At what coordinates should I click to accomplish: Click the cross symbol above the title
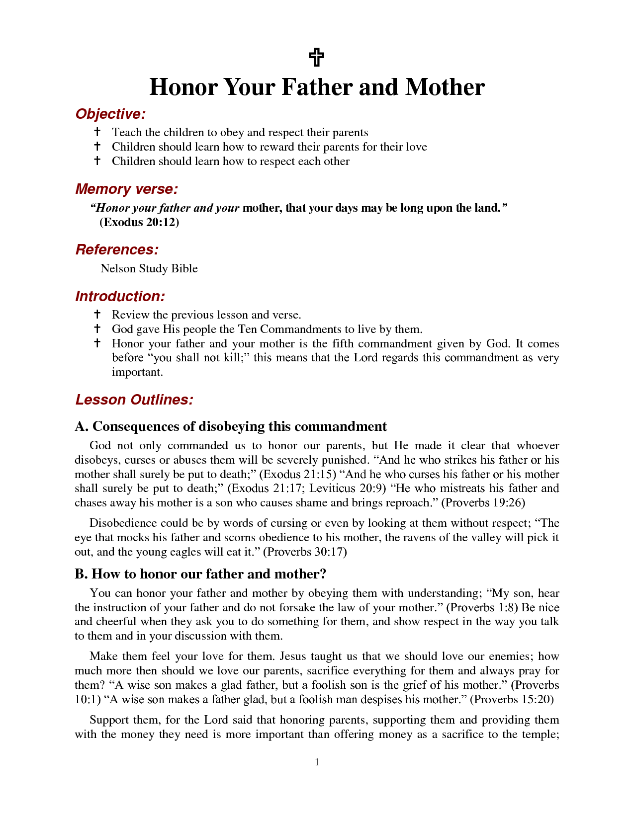pos(317,58)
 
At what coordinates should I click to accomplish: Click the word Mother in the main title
pos(444,87)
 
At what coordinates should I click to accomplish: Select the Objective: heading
pos(110,114)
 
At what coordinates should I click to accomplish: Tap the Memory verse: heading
pos(126,189)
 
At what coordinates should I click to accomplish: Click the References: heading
pos(117,250)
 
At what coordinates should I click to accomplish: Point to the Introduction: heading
pos(120,297)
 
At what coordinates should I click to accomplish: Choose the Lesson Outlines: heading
pos(134,400)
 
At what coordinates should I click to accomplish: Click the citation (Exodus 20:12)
pos(139,222)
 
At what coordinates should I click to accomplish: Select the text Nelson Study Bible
pos(149,269)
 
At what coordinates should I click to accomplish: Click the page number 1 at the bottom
pos(317,762)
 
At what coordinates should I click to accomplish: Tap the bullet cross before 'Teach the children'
pos(97,132)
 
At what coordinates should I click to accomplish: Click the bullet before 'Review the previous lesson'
pos(97,315)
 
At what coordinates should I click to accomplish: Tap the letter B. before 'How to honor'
pos(81,574)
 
